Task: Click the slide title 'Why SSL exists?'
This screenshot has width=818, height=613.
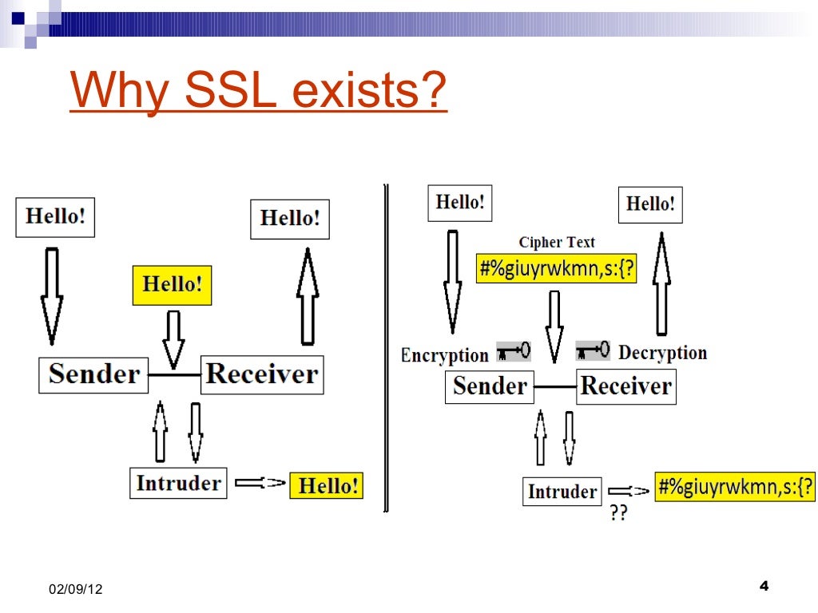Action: (258, 92)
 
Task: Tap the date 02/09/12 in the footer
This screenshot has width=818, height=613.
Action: (75, 589)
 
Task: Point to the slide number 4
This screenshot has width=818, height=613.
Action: (763, 587)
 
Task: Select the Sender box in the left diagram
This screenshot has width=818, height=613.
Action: (94, 374)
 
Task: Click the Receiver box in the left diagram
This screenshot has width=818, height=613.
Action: (262, 374)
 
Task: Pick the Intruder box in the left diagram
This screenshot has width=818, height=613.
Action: (178, 483)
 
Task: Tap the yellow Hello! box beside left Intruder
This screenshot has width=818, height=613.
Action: (326, 485)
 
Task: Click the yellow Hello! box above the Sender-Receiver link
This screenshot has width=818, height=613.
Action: (172, 285)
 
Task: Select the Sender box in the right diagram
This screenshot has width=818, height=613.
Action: (490, 386)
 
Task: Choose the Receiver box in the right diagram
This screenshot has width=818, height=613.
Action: (626, 386)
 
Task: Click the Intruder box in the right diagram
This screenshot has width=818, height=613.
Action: (562, 492)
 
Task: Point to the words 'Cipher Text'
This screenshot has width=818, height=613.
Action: (557, 242)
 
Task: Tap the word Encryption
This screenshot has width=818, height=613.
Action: (444, 355)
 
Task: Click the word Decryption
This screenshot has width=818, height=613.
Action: (663, 353)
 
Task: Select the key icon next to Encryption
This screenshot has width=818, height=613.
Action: (513, 350)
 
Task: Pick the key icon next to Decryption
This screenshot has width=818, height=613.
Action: (593, 350)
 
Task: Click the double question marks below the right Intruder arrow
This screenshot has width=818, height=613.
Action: (618, 513)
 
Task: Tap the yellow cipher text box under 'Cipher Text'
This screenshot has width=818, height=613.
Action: (557, 269)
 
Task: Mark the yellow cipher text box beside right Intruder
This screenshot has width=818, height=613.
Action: (735, 484)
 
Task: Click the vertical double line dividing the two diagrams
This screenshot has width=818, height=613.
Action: (387, 347)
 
